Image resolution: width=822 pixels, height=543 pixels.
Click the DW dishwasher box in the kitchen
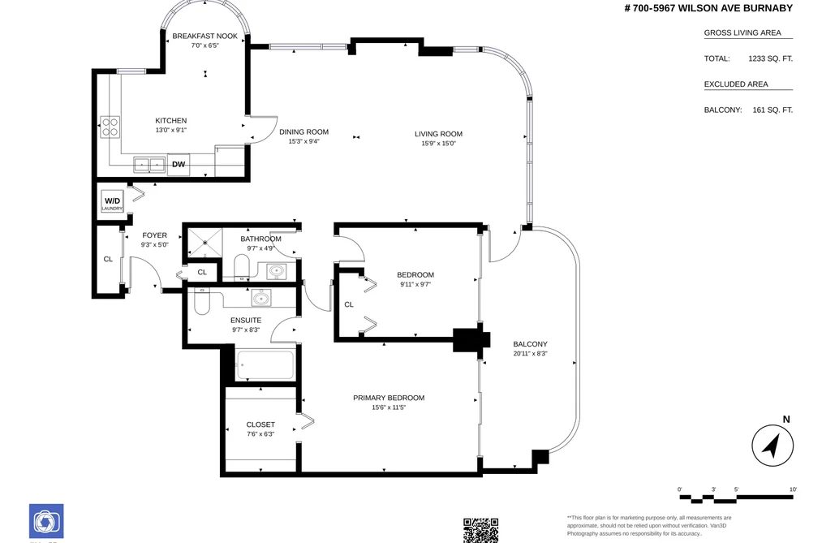tap(179, 165)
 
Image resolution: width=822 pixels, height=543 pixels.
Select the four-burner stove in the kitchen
tap(110, 127)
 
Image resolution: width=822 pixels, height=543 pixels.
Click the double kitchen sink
tap(149, 165)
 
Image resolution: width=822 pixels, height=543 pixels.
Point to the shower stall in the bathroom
tap(205, 243)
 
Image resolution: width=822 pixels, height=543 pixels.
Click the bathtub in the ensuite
tap(265, 364)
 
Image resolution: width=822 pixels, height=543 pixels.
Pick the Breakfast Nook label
tap(205, 37)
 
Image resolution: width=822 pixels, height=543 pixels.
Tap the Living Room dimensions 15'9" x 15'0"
tap(439, 144)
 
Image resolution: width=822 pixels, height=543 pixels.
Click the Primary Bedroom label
tap(389, 398)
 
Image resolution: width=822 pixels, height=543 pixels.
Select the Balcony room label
tap(530, 344)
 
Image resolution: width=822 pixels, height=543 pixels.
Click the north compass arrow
tap(773, 446)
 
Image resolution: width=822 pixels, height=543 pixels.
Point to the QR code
tap(480, 531)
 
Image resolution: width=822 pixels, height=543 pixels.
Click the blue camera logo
tap(46, 522)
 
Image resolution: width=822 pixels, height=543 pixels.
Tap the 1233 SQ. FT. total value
tap(770, 58)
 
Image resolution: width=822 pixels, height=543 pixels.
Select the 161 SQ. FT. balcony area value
tap(773, 110)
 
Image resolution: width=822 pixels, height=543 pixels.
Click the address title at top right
tap(708, 8)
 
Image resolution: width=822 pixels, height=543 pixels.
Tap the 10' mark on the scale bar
tap(793, 489)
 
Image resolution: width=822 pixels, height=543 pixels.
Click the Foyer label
tap(155, 236)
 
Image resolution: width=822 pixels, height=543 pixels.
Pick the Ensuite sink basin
tap(261, 298)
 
